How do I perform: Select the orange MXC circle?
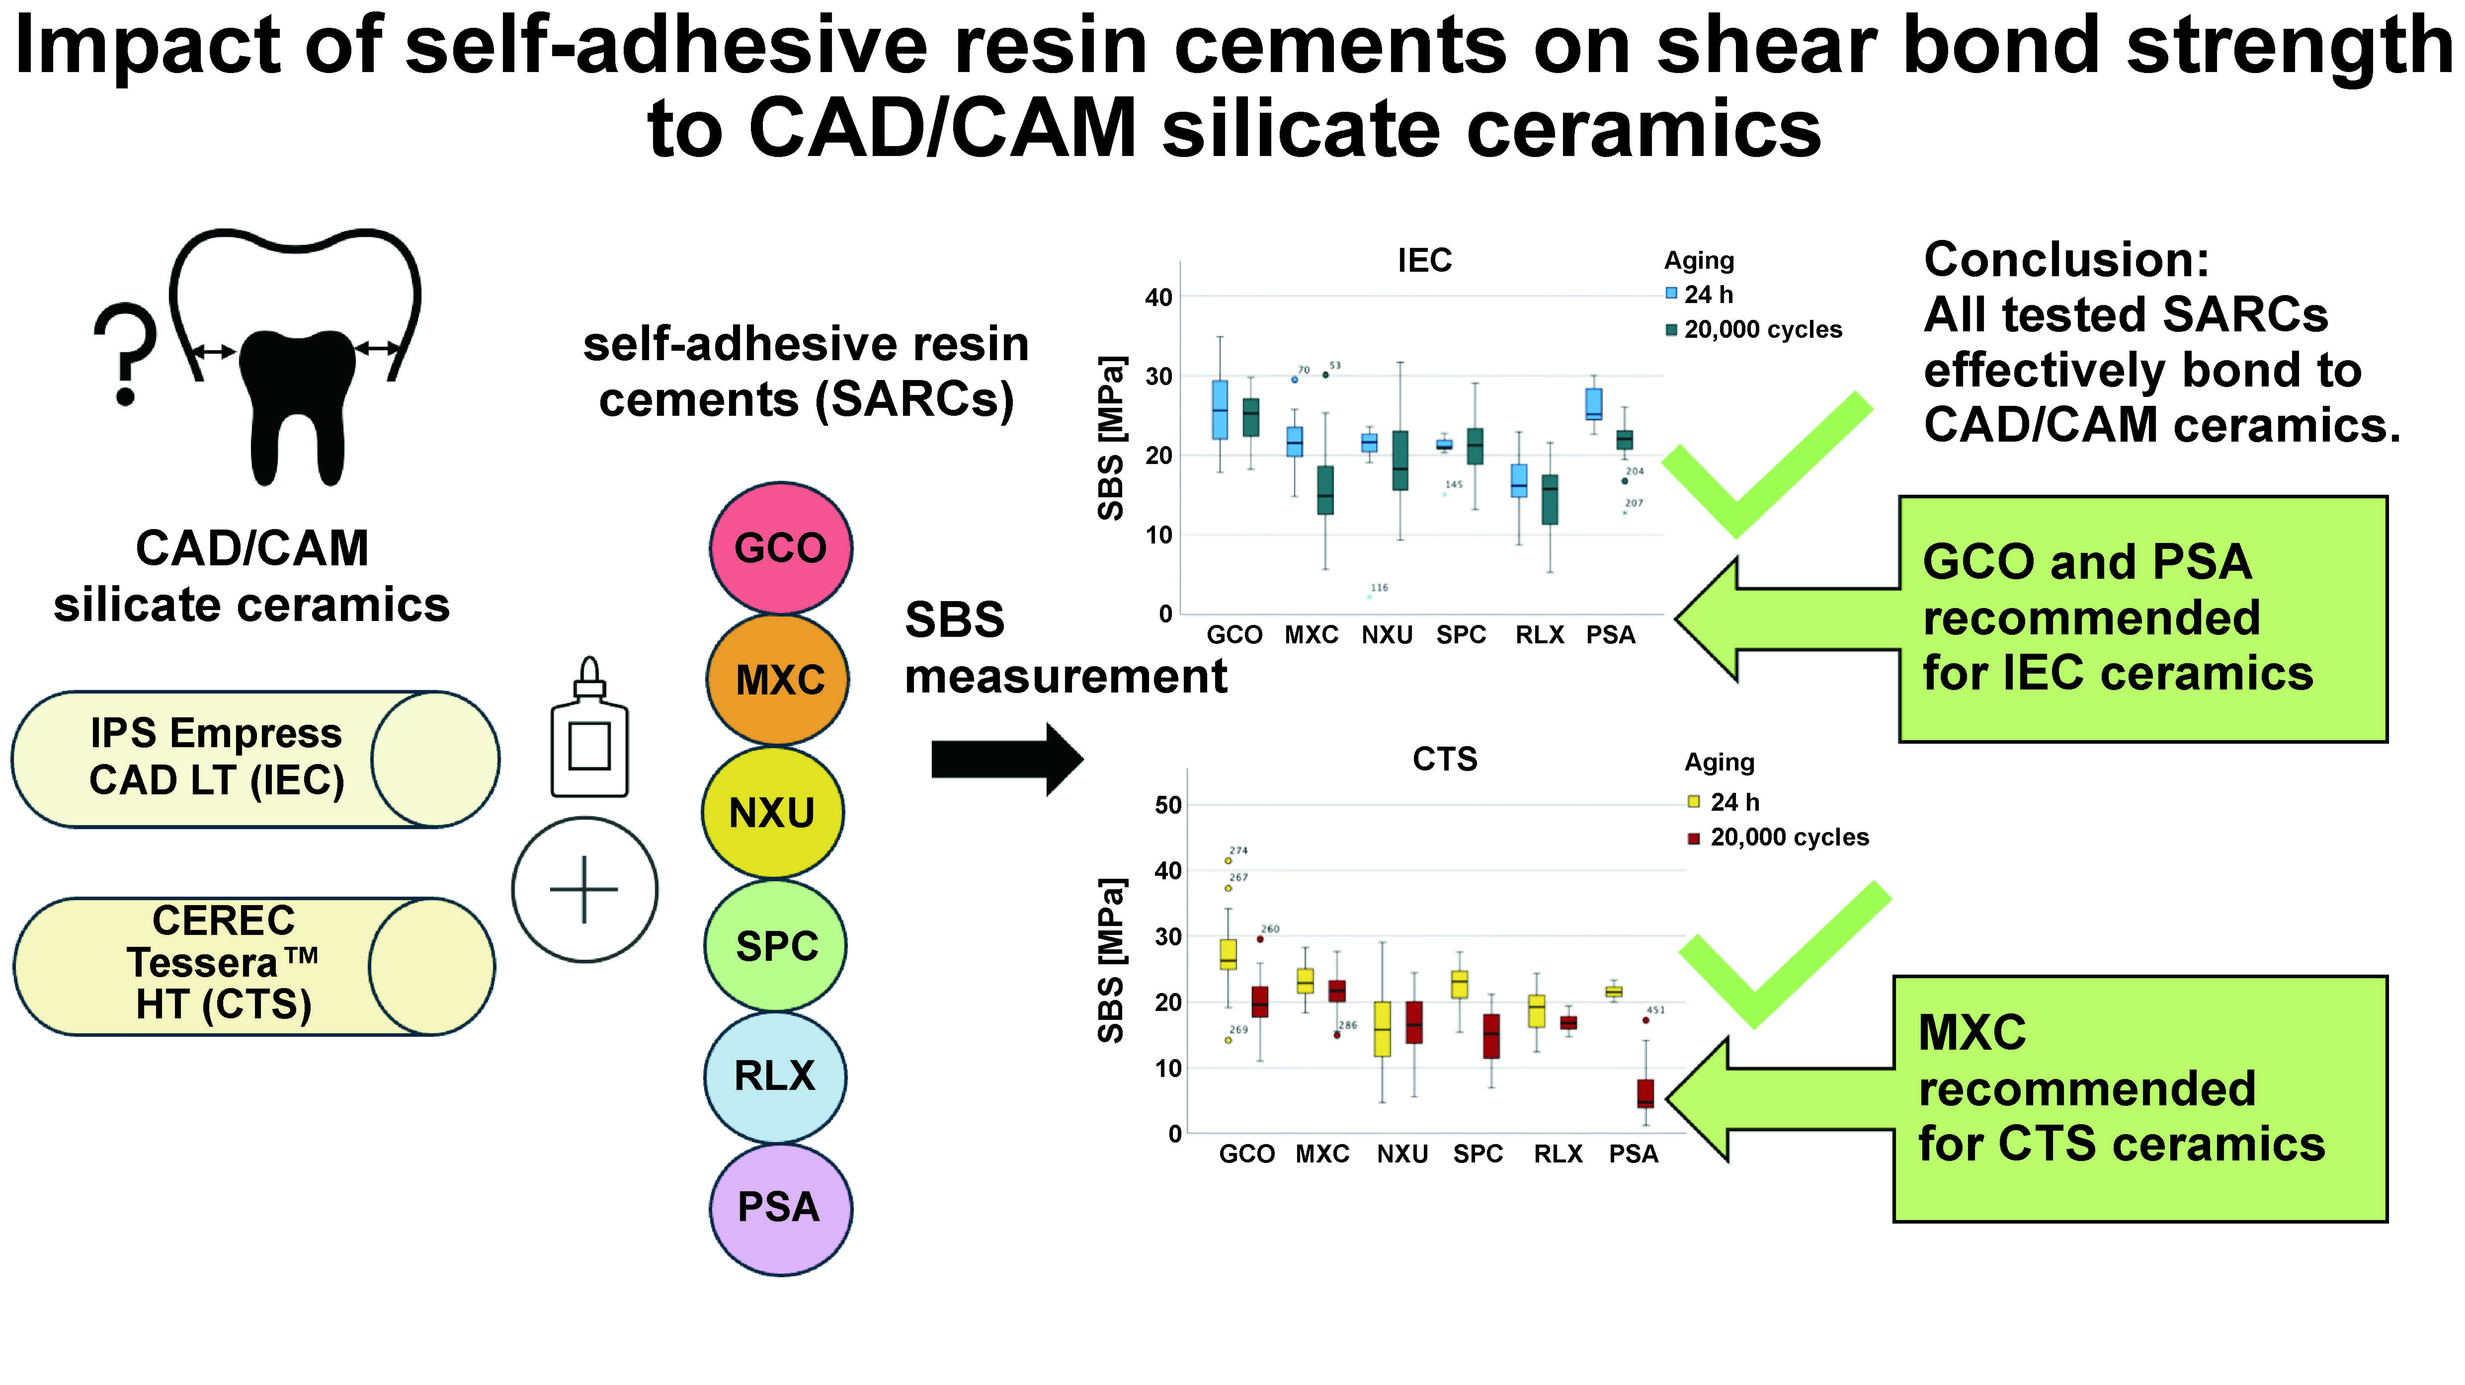[x=778, y=680]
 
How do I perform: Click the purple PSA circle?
[x=780, y=1208]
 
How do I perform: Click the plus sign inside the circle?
[x=584, y=890]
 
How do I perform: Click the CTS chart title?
[x=1444, y=760]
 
